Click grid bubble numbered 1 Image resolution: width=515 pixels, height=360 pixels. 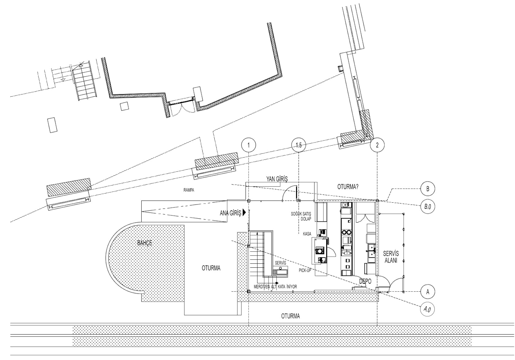point(249,145)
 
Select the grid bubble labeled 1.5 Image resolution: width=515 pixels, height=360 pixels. point(299,145)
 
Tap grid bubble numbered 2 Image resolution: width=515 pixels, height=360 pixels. point(377,145)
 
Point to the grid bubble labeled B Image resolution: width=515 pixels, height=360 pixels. point(428,189)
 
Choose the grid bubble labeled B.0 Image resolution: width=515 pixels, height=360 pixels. point(428,206)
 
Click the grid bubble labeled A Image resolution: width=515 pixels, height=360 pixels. point(428,292)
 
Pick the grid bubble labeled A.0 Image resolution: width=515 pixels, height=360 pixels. point(427,309)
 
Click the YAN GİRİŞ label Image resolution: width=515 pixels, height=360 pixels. point(277,179)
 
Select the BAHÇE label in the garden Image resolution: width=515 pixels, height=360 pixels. point(145,243)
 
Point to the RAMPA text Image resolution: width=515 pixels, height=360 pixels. point(189,190)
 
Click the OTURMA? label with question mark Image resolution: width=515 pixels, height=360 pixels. point(348,187)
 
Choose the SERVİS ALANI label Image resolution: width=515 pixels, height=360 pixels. point(391,257)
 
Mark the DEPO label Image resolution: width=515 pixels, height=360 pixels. point(365,281)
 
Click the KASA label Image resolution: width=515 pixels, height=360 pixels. point(307,234)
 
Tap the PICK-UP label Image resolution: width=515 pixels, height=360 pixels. point(305,271)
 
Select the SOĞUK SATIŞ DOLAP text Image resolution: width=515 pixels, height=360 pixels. point(301,216)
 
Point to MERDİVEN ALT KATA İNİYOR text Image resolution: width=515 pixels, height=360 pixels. point(275,287)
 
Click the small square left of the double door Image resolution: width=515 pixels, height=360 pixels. point(124,106)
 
